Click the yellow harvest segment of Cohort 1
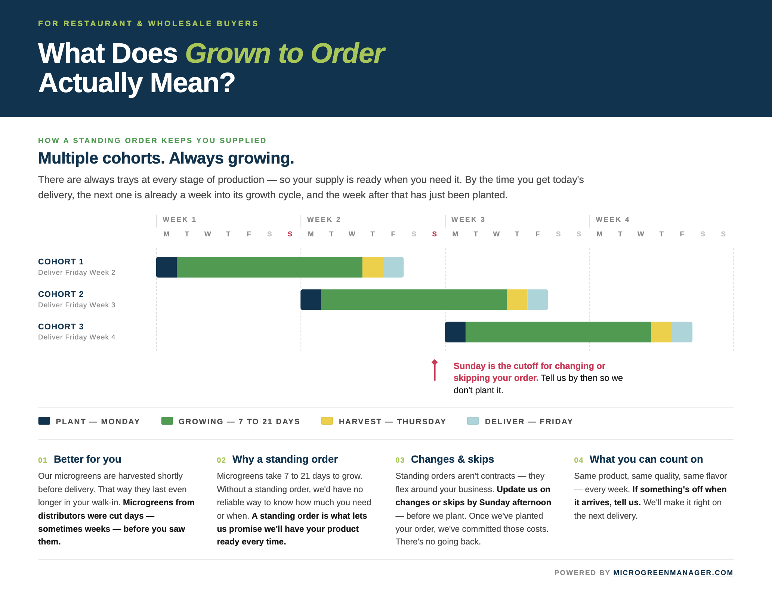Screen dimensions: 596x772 373,267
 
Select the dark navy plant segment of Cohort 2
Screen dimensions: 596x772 311,299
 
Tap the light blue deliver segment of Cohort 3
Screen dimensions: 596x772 682,332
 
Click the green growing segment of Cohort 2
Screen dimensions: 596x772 414,299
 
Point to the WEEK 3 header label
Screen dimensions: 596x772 468,220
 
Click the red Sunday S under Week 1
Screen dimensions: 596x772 290,234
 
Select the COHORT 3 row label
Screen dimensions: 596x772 61,326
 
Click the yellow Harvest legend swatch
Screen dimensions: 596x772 327,421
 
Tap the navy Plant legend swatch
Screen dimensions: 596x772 44,421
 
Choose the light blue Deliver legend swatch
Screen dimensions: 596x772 473,421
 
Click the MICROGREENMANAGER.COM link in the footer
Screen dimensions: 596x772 673,572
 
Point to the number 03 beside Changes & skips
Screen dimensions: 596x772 400,460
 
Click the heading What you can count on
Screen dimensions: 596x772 646,459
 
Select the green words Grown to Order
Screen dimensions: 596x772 285,53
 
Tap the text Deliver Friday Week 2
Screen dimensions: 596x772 77,273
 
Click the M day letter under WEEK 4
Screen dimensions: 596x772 599,234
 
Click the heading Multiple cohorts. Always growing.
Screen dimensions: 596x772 166,158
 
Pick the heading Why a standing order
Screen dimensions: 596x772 285,459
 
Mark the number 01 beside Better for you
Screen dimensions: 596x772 43,460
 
